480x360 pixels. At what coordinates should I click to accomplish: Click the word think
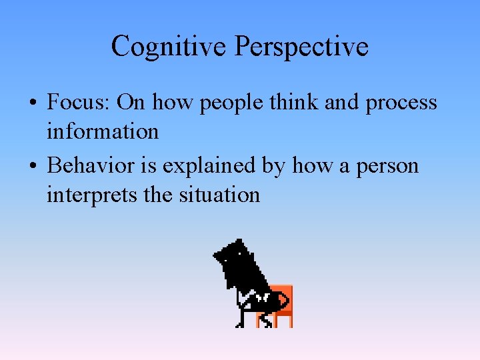271,103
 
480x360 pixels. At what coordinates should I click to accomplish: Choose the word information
103,131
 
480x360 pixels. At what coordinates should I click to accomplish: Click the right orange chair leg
289,321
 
